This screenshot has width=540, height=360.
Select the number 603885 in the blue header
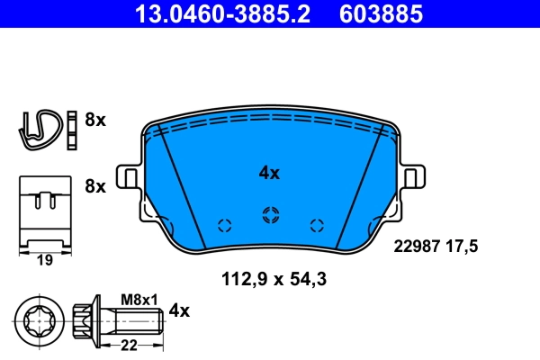(379, 13)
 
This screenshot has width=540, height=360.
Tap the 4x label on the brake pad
(269, 173)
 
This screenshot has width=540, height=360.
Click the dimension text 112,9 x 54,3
(273, 279)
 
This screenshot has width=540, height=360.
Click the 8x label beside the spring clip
(95, 119)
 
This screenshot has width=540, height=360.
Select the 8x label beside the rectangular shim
(95, 186)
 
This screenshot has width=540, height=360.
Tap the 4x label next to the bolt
(180, 311)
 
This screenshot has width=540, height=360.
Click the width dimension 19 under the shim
(44, 260)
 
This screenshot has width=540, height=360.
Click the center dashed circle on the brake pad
(268, 213)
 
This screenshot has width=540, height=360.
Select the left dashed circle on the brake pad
(224, 225)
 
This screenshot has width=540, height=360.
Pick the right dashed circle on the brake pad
(316, 225)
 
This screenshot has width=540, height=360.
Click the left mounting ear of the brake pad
(129, 175)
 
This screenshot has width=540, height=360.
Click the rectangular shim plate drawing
(44, 211)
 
